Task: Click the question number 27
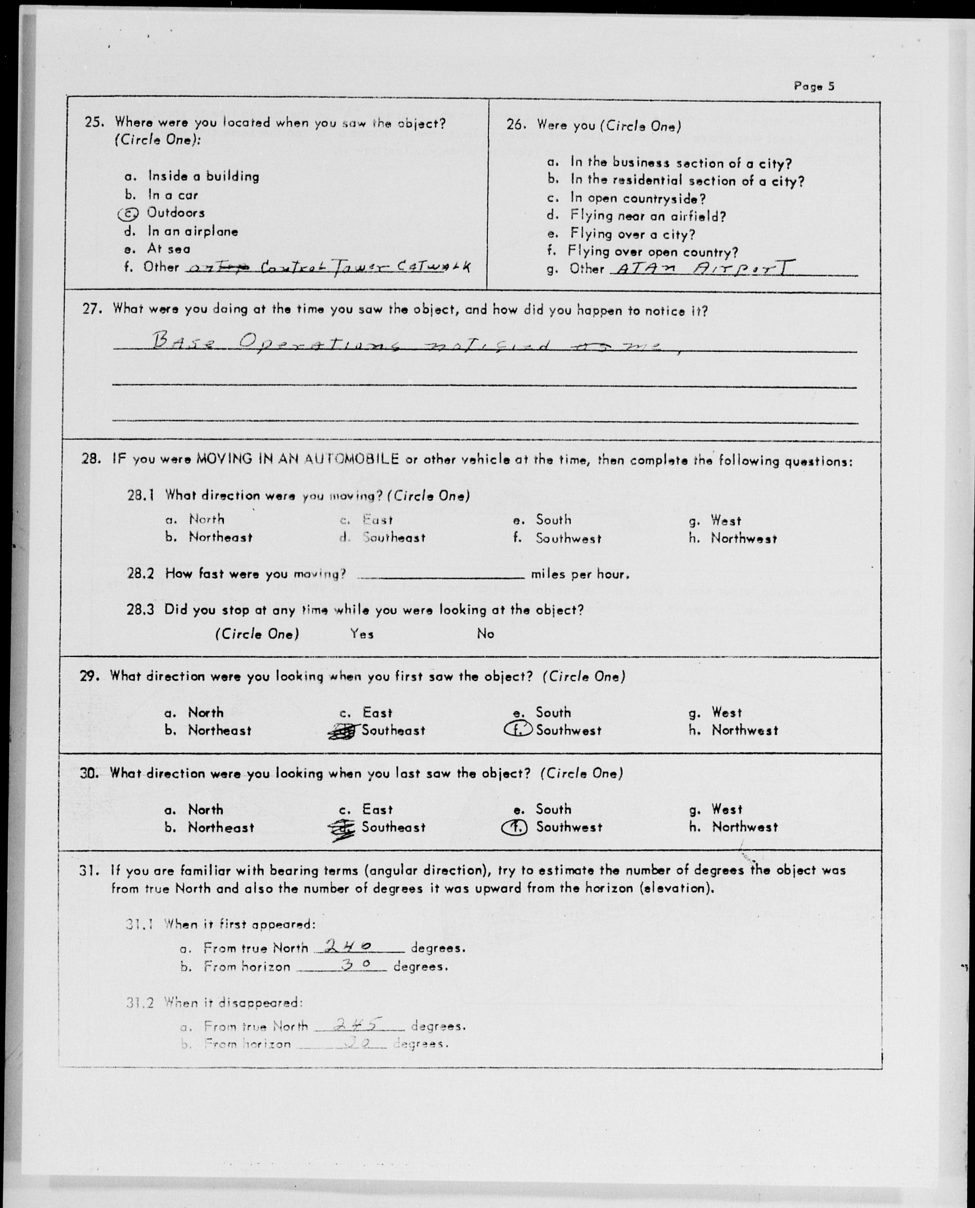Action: (x=91, y=309)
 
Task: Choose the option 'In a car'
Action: (x=172, y=195)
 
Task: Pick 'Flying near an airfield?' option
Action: (x=648, y=216)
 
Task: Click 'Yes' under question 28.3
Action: (x=362, y=634)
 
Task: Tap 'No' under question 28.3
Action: (x=485, y=634)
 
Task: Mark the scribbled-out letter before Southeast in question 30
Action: (x=342, y=828)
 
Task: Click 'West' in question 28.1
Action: (x=725, y=520)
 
